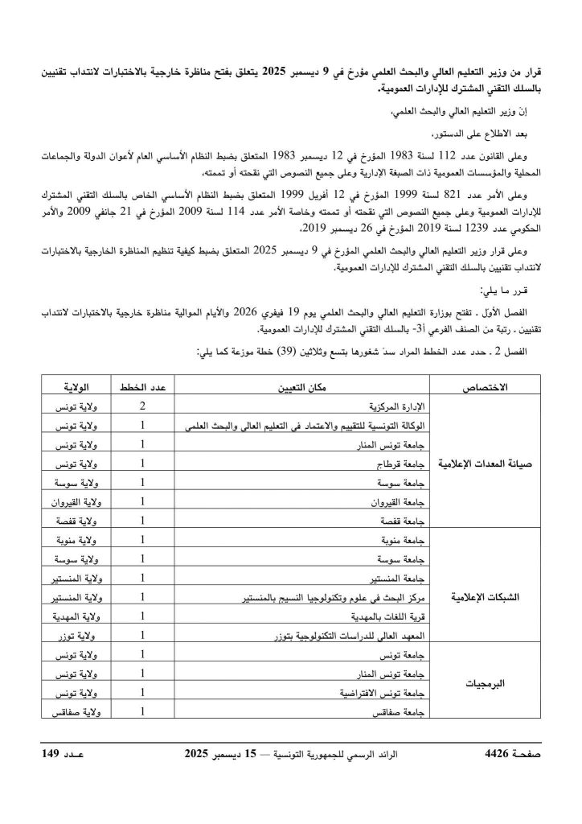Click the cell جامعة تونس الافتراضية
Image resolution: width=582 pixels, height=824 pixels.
pos(394,693)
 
